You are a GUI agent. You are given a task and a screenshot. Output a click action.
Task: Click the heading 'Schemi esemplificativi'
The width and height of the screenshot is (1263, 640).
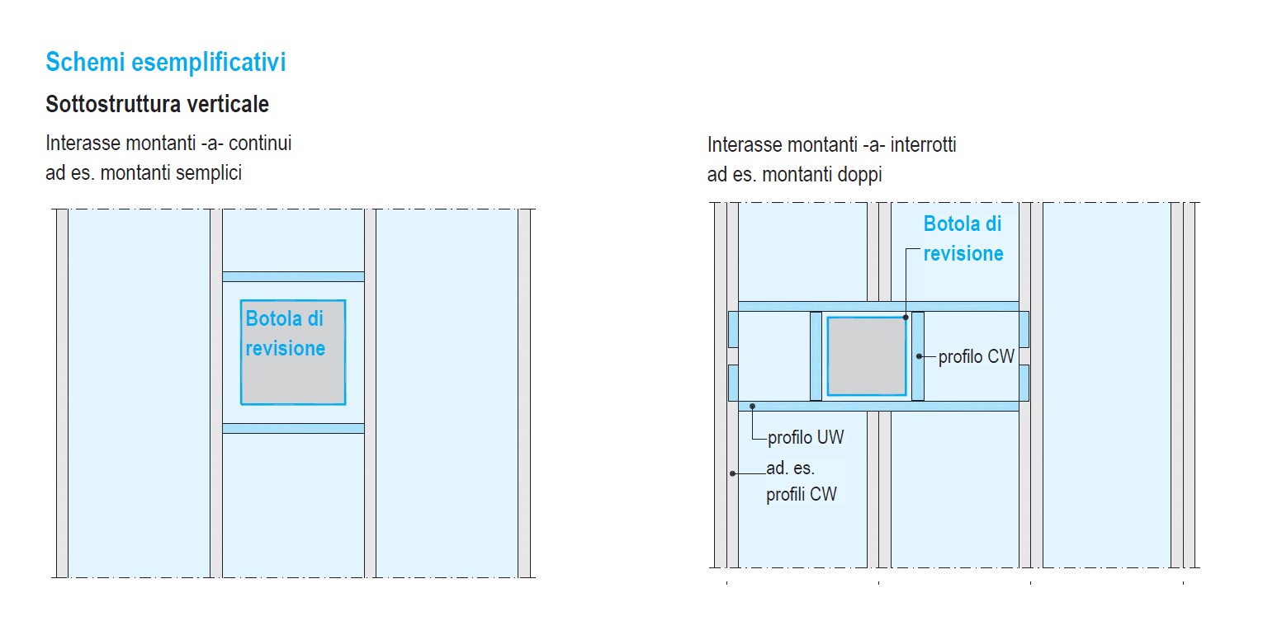(x=165, y=63)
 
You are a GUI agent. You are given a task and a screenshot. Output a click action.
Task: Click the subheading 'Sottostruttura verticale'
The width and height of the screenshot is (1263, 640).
(x=157, y=105)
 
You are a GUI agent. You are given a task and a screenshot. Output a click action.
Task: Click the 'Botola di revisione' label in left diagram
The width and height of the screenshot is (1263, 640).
(x=285, y=334)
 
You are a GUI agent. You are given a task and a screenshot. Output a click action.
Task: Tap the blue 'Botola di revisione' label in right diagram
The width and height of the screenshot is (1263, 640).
(x=963, y=238)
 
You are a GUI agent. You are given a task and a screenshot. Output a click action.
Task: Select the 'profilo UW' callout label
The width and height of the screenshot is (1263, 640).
(x=806, y=437)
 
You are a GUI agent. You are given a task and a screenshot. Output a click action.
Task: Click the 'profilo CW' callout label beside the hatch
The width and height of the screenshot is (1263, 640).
(x=976, y=357)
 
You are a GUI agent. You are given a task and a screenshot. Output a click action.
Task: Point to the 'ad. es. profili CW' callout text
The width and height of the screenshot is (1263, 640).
(x=801, y=482)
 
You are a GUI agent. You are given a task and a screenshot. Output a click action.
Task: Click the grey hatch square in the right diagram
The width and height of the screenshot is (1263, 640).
(x=866, y=356)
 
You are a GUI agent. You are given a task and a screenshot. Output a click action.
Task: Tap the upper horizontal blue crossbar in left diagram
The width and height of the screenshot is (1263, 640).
(x=293, y=276)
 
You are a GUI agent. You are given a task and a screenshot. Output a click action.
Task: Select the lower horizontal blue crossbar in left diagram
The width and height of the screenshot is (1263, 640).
(x=293, y=428)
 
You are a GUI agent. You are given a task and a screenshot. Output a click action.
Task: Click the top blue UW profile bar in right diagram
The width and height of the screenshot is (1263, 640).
(x=877, y=306)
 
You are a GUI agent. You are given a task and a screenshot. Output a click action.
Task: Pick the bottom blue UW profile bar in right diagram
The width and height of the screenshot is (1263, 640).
(x=877, y=406)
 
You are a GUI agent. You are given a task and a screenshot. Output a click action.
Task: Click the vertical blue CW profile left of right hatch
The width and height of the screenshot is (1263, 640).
(x=816, y=356)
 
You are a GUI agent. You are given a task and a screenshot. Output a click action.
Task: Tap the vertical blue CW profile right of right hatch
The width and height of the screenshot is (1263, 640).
(x=917, y=356)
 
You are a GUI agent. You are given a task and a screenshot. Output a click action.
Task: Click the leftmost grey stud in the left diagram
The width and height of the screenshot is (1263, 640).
(x=62, y=393)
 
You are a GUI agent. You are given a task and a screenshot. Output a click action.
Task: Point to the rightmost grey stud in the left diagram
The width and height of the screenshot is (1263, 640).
(x=524, y=393)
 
